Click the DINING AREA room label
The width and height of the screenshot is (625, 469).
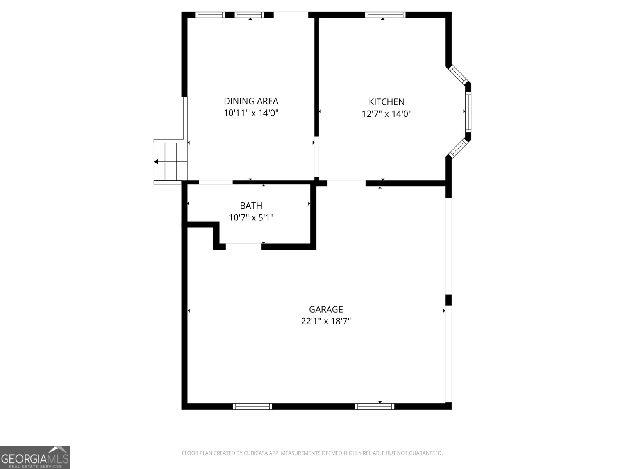(x=251, y=101)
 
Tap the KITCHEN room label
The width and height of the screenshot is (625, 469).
(x=386, y=102)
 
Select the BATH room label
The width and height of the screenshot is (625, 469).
(x=251, y=206)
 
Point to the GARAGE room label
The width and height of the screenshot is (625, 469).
(x=326, y=310)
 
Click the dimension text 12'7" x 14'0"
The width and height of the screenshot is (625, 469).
(x=386, y=114)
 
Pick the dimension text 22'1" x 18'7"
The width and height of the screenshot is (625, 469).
(x=326, y=321)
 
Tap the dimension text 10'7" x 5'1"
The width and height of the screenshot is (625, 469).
(x=251, y=218)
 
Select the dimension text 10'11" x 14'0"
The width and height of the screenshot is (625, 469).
(x=251, y=113)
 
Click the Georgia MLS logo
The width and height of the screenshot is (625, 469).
(x=35, y=457)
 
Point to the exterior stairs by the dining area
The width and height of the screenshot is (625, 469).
(x=171, y=161)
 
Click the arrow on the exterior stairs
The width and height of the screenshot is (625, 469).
(x=156, y=162)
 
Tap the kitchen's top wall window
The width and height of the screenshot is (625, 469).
(x=385, y=15)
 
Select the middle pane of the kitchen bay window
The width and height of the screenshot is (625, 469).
(x=468, y=112)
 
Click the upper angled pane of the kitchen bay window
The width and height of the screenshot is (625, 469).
(x=458, y=74)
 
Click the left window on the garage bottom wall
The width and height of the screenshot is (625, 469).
(x=252, y=406)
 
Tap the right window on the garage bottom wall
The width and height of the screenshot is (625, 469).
(x=374, y=406)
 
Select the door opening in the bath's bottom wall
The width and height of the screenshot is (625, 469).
(x=243, y=247)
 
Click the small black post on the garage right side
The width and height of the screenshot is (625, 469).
(x=448, y=300)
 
